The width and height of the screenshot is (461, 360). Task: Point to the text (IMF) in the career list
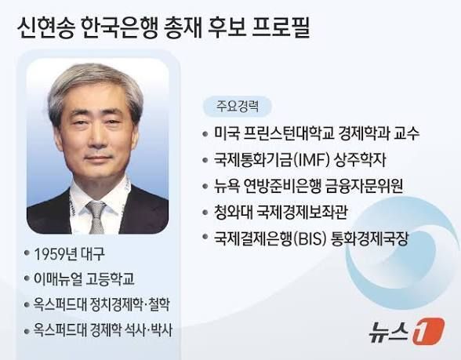(x=310, y=160)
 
